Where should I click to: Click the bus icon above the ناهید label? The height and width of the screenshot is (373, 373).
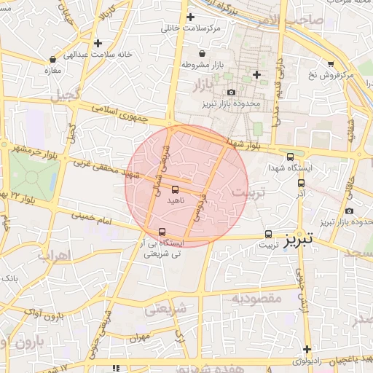point(174,189)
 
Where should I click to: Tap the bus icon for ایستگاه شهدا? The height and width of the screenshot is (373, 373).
point(291,157)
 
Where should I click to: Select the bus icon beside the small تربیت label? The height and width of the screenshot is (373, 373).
point(268,234)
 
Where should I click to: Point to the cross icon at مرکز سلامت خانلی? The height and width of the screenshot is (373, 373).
point(191,17)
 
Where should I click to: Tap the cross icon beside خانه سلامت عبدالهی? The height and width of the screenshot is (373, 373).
point(98,43)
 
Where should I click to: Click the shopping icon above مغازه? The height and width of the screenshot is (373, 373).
point(52,60)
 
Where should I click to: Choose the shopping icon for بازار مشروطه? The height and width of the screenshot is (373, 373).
point(202,54)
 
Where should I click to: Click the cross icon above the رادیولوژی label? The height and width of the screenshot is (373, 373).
point(307,350)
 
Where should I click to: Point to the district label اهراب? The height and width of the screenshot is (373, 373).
point(52,256)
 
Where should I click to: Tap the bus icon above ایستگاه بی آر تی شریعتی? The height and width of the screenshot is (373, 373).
point(162,232)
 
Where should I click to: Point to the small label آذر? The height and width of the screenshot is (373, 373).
point(301,195)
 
